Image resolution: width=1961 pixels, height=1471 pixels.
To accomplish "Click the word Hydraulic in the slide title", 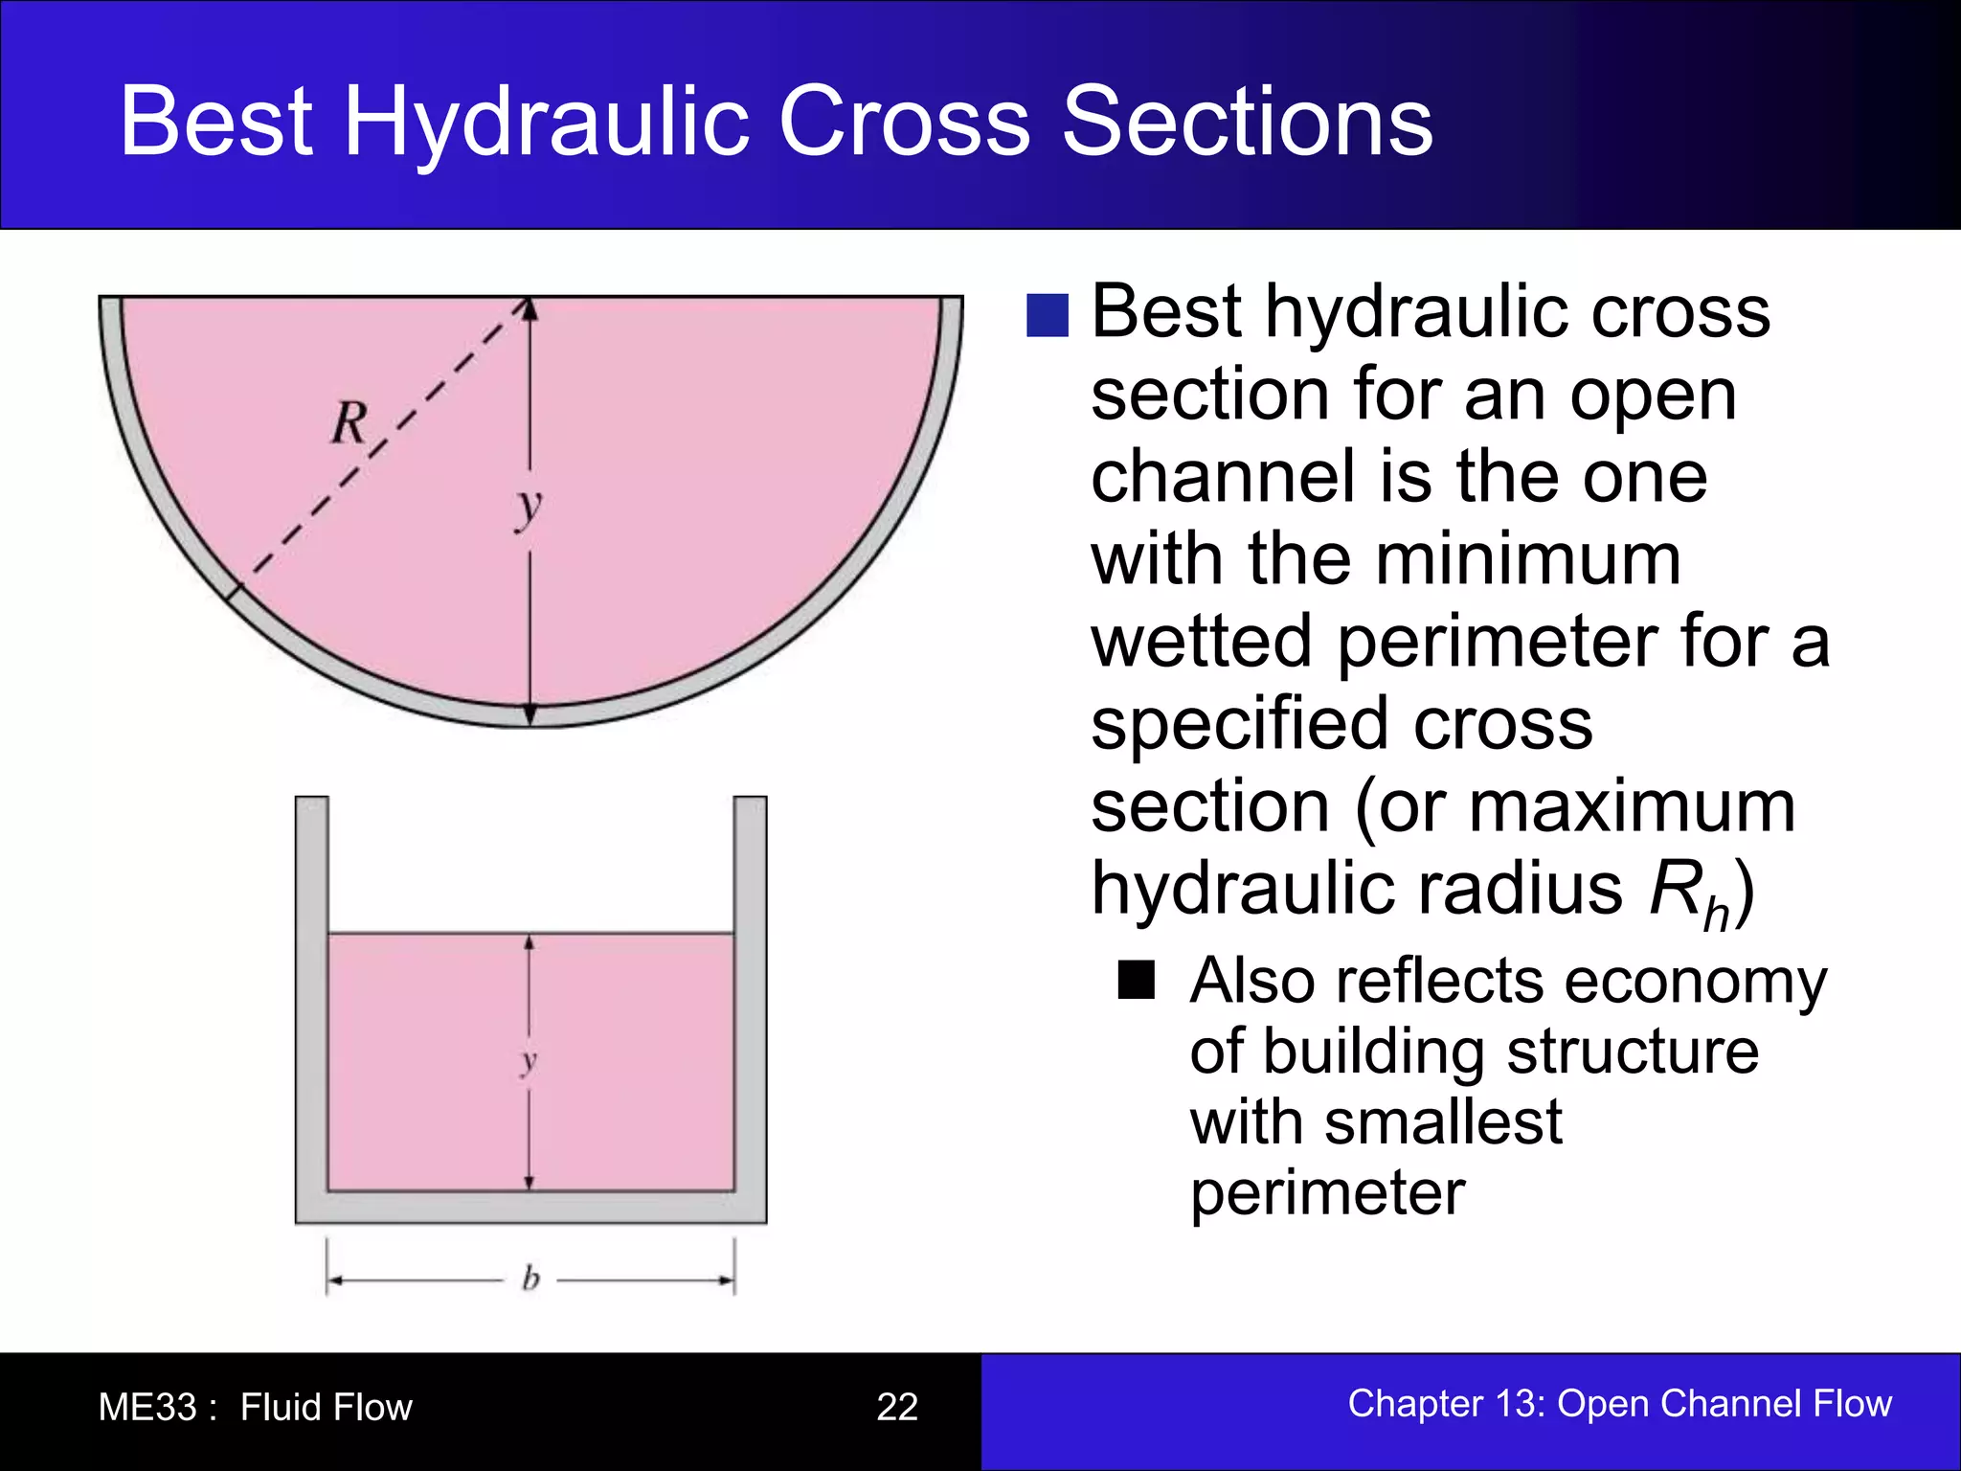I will tap(546, 123).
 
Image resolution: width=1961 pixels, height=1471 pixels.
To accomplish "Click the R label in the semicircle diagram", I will tap(349, 422).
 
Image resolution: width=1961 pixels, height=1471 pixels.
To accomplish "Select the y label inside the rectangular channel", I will tap(529, 1061).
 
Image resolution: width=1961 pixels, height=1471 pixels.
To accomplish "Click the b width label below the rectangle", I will tap(530, 1279).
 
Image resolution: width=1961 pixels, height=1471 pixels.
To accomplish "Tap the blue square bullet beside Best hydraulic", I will tap(1047, 315).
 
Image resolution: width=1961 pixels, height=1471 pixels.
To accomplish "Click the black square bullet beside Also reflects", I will tap(1136, 980).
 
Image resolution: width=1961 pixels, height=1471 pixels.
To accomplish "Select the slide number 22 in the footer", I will tap(896, 1407).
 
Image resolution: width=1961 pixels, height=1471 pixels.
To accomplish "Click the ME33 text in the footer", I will tap(147, 1407).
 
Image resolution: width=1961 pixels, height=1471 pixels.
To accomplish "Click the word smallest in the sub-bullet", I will tap(1442, 1122).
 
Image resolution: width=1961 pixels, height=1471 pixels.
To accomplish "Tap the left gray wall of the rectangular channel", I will tap(311, 996).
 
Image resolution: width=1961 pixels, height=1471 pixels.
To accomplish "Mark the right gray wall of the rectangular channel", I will tap(750, 996).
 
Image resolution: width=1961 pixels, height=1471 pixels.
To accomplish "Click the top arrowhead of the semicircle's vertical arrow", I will tap(530, 307).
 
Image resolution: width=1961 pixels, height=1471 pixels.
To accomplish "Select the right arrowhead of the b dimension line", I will tap(727, 1279).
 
